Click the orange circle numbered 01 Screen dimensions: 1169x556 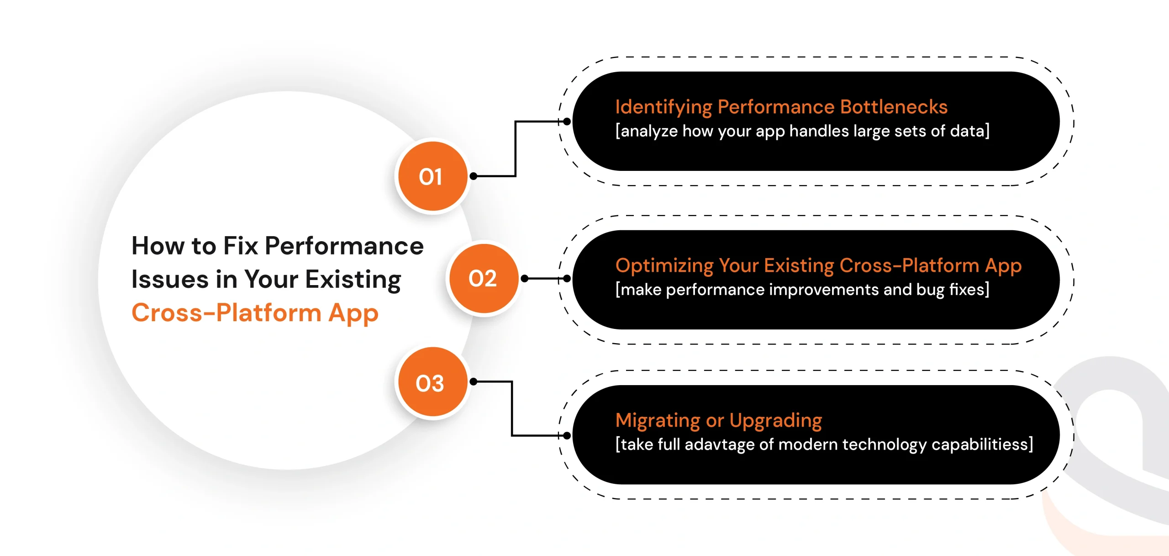click(432, 176)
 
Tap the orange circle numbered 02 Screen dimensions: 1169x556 click(484, 278)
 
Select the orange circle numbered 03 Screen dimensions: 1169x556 click(432, 381)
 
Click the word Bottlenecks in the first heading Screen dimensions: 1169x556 click(894, 107)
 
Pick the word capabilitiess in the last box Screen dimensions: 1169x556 click(979, 445)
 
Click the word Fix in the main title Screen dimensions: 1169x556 click(241, 246)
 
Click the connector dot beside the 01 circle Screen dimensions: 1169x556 click(474, 176)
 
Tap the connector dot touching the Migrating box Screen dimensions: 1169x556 click(567, 435)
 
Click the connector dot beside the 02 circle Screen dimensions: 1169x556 click(525, 278)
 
